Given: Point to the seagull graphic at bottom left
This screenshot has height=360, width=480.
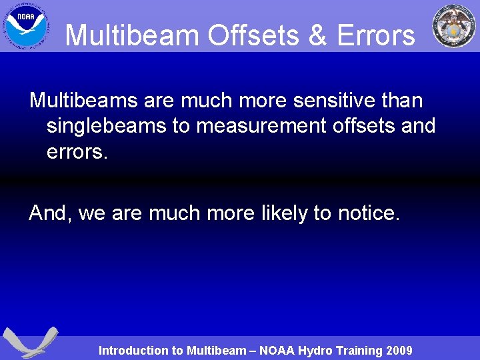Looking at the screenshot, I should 29,342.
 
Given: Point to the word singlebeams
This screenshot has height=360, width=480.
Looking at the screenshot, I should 107,125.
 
